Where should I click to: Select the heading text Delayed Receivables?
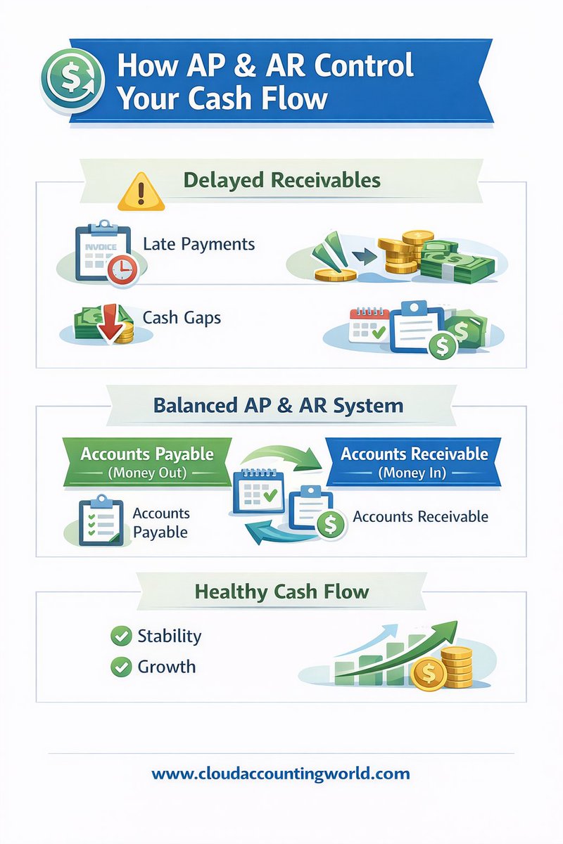tap(281, 180)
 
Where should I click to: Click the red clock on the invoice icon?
tap(122, 269)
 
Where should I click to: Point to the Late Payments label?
tap(198, 244)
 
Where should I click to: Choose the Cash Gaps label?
tap(182, 317)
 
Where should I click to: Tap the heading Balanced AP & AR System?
tap(278, 406)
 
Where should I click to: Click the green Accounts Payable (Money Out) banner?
tap(147, 461)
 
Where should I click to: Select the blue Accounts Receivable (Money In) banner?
tap(414, 461)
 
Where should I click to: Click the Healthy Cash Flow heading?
tap(281, 592)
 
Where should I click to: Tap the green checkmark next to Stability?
tap(121, 637)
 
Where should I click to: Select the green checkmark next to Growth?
tap(121, 667)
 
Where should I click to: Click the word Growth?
tap(167, 667)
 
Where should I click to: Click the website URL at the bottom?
tap(281, 774)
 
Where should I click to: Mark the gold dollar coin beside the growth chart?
tap(429, 675)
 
